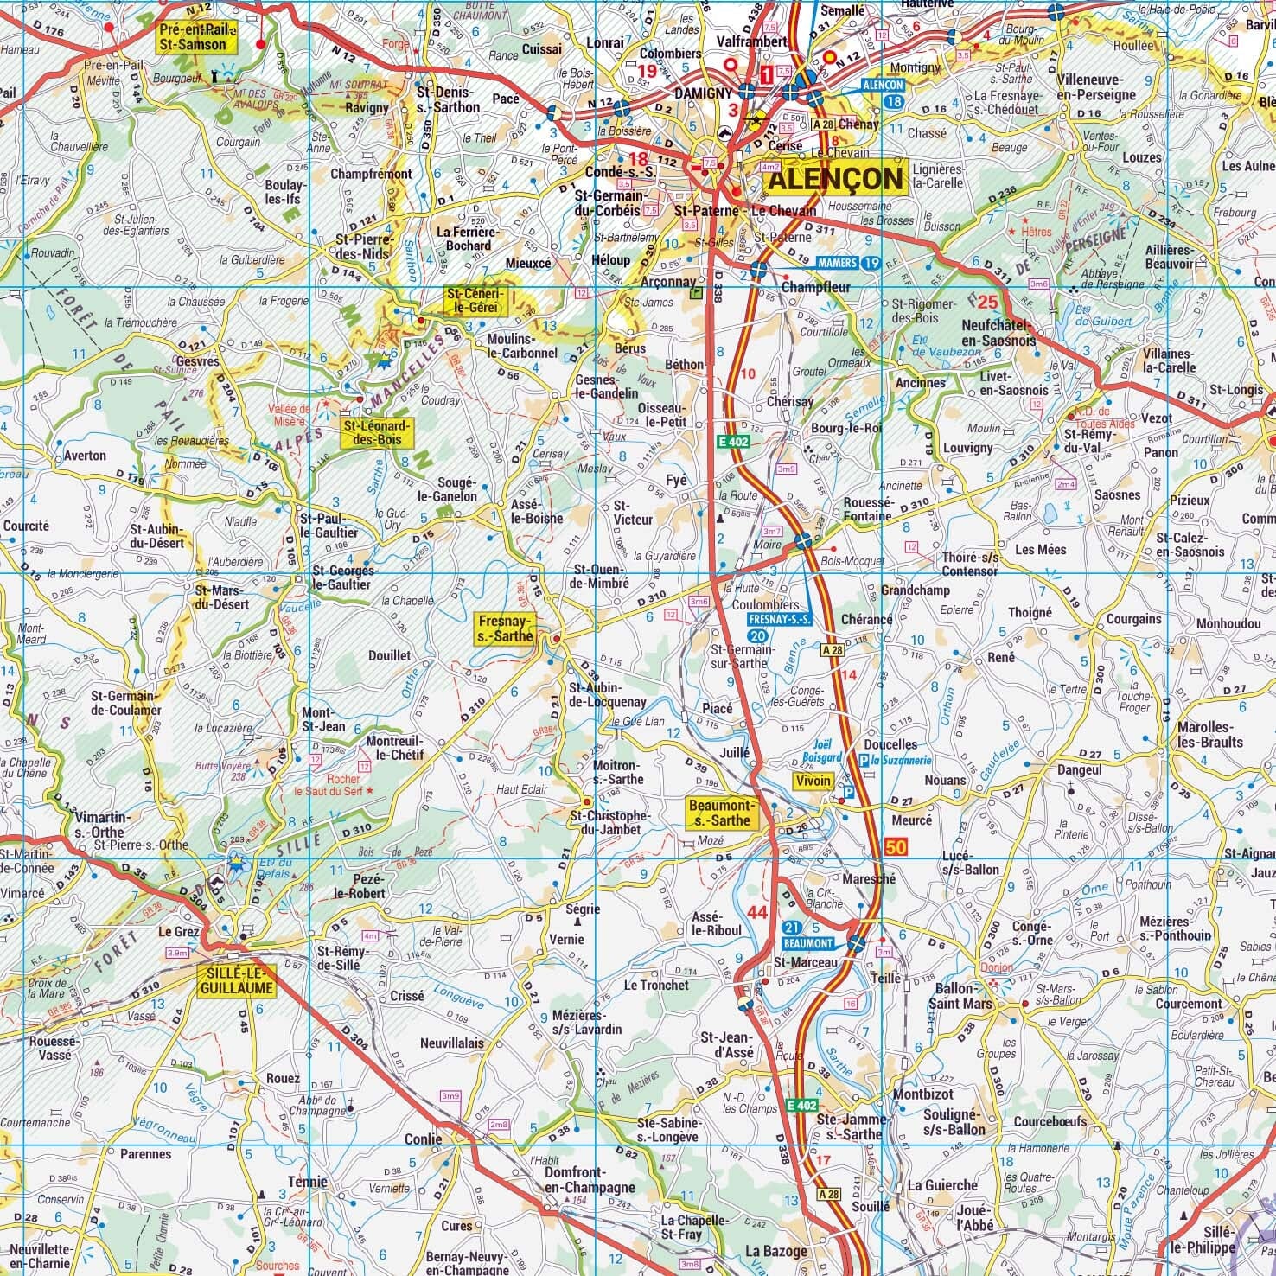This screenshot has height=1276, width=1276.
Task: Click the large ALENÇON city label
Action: tap(834, 180)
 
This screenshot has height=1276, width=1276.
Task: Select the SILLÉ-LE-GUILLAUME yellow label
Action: tap(236, 980)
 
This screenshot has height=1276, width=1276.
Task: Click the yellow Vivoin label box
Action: tap(813, 781)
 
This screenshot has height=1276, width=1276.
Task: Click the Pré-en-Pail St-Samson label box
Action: tap(192, 37)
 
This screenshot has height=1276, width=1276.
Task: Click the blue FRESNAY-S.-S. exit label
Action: tap(781, 621)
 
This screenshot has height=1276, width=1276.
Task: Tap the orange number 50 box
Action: tap(896, 847)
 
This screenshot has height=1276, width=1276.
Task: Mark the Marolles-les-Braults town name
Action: tap(1209, 734)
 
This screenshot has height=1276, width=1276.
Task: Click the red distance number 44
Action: tap(757, 912)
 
